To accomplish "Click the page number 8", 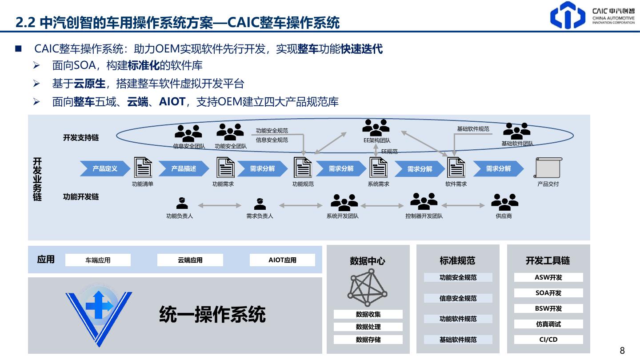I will pos(622,351).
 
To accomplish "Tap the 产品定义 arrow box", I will pos(105,169).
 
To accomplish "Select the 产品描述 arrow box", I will pos(184,169).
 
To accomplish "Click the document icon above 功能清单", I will pos(143,168).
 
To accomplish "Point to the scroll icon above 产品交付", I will pos(548,168).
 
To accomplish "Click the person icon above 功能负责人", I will pos(182,203).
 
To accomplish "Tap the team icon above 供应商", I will pos(504,202).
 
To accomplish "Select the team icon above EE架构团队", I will pos(376,128).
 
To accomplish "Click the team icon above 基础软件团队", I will pos(516,131).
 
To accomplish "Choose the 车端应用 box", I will pos(98,260).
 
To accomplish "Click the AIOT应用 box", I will pos(282,260).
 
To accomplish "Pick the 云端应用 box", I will pos(190,260).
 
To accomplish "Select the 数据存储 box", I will pos(368,340).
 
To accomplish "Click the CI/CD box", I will pos(548,340).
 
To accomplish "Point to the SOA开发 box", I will pos(548,293).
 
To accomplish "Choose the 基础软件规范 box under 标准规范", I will pos(458,340).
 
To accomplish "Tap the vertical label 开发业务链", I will pos(37,179).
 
